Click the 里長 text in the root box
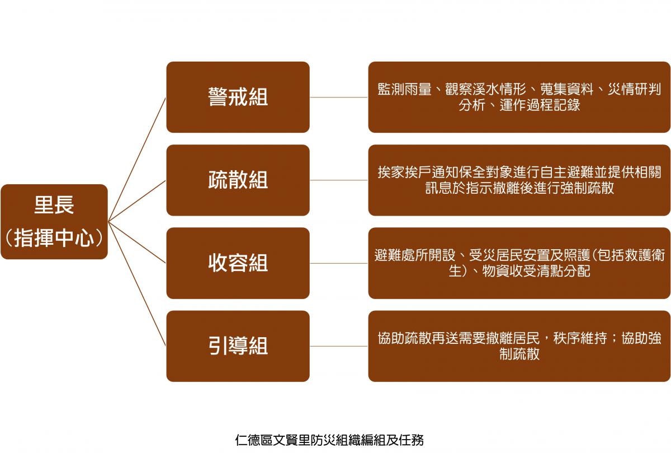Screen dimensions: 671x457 54,205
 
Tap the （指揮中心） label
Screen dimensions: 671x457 54,238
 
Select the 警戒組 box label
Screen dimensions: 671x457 238,97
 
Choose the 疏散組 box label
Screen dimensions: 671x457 238,180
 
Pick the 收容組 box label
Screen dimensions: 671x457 238,263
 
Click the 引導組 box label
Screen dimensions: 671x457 238,346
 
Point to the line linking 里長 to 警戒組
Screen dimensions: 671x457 137,160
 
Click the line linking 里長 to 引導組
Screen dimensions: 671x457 137,284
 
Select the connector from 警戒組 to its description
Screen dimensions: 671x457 339,97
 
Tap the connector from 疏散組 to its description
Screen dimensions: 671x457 339,180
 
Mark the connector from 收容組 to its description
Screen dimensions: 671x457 339,263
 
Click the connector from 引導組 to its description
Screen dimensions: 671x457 339,346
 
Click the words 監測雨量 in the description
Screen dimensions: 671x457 404,89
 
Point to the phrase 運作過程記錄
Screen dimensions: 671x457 540,105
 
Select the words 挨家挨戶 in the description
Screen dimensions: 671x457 404,172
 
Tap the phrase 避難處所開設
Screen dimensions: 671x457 415,255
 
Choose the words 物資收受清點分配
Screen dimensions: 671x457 536,271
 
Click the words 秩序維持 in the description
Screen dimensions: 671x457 580,338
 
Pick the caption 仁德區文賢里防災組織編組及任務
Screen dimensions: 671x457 329,440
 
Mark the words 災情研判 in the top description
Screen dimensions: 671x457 634,89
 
